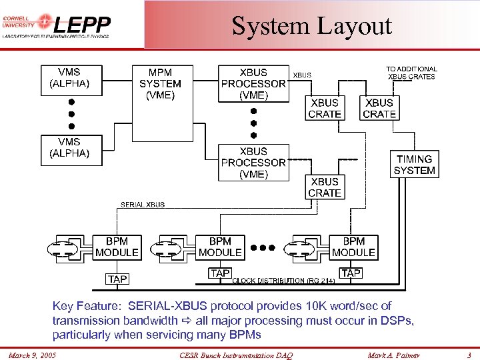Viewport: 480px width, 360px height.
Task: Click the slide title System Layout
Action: click(x=311, y=26)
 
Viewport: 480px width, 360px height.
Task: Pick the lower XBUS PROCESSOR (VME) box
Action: click(x=253, y=163)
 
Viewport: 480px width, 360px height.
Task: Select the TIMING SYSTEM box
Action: click(x=414, y=165)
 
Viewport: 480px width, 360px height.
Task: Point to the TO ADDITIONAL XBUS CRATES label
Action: click(x=411, y=73)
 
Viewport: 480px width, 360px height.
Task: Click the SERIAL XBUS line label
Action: click(x=143, y=205)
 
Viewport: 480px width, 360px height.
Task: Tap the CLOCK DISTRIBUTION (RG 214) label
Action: click(x=283, y=281)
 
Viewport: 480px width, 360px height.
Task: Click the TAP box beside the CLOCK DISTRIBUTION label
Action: click(x=220, y=273)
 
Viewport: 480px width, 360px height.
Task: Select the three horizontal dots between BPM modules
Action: click(x=263, y=247)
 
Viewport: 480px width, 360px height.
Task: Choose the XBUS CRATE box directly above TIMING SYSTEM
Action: click(x=379, y=108)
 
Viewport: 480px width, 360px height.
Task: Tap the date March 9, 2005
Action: click(x=33, y=355)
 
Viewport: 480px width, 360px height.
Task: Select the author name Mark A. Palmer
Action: click(x=394, y=355)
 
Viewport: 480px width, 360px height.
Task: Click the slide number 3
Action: click(x=469, y=355)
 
